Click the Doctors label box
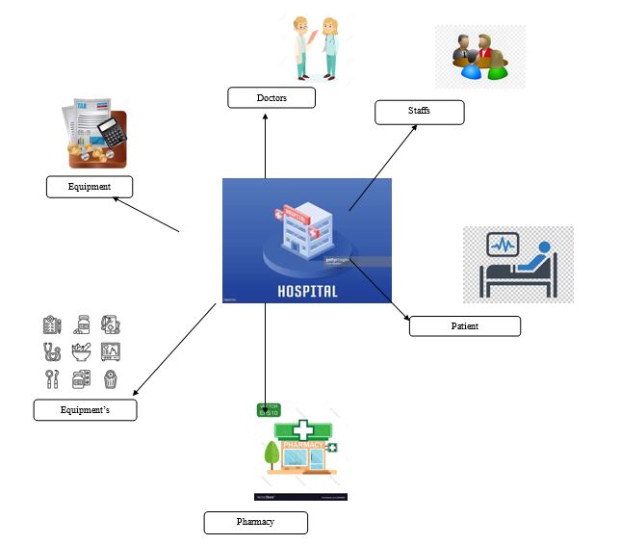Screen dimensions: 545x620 point(271,97)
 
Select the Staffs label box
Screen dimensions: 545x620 point(419,113)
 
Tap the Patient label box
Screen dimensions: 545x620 point(464,325)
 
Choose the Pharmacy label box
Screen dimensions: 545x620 point(255,522)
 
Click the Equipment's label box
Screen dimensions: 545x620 point(85,410)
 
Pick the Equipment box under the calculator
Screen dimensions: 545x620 point(90,186)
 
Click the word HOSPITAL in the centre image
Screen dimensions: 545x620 point(307,290)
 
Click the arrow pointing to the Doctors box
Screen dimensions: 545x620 point(265,144)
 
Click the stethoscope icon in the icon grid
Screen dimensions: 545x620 point(51,351)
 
